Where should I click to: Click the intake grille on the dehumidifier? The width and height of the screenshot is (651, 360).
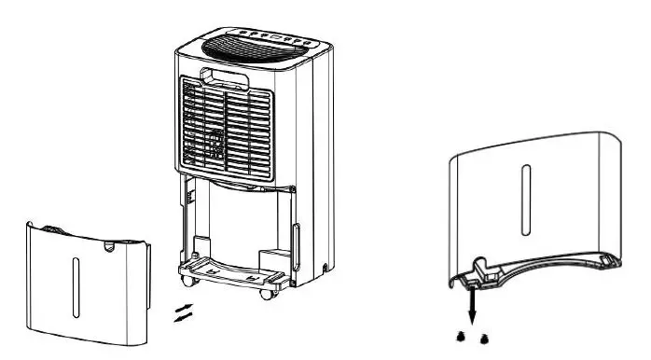pyautogui.click(x=226, y=129)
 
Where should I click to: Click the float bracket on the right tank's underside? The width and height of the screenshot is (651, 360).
pyautogui.click(x=487, y=270)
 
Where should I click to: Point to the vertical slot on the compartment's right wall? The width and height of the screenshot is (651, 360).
pyautogui.click(x=296, y=237)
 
